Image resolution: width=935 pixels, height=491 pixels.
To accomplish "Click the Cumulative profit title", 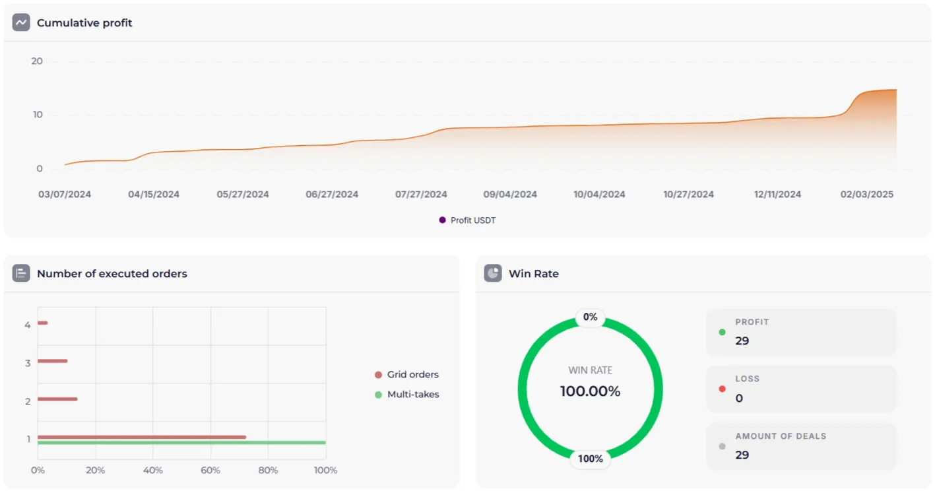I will (84, 23).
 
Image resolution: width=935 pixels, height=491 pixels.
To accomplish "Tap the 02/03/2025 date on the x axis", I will (867, 195).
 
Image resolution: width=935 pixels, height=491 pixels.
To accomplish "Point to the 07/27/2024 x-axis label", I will (421, 195).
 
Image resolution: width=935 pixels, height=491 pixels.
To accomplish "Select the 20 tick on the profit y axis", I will (37, 61).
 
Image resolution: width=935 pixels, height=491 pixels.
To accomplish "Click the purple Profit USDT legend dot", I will (442, 220).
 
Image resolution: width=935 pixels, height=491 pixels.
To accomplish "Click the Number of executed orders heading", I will (112, 274).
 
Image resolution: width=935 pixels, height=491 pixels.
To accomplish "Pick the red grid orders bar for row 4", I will (42, 323).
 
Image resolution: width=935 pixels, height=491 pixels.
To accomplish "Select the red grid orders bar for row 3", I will (52, 361).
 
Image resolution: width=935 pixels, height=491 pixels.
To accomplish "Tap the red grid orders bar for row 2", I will (57, 399).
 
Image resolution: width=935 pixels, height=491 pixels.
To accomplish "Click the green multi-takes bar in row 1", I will (181, 443).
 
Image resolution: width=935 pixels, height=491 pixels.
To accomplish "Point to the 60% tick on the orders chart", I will (210, 471).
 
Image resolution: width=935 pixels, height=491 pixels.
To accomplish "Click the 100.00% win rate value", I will (590, 391).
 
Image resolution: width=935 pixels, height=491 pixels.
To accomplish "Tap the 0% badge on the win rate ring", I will (590, 317).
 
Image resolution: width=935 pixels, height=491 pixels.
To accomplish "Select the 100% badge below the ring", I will (590, 459).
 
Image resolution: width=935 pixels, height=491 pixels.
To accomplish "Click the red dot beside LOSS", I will (722, 389).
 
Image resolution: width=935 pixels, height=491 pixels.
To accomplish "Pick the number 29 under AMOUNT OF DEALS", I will (742, 455).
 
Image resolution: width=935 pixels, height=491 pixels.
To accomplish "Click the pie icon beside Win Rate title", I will (493, 273).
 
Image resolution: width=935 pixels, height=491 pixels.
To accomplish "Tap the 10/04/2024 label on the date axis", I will (599, 195).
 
